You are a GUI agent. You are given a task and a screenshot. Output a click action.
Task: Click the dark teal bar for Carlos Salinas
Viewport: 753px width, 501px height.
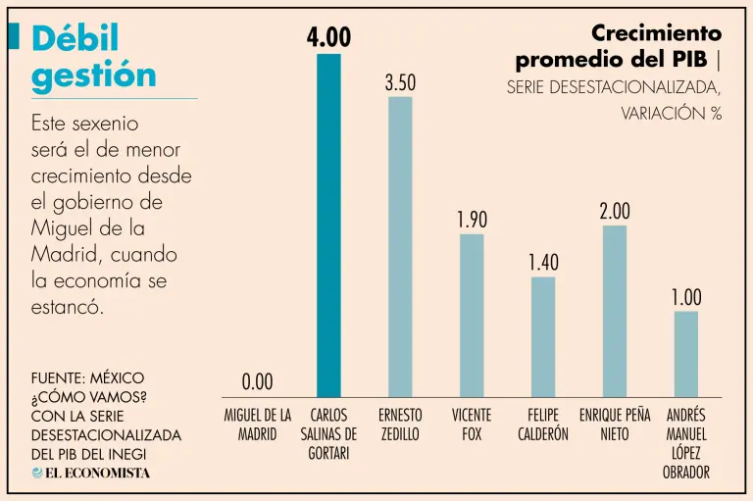tap(328, 225)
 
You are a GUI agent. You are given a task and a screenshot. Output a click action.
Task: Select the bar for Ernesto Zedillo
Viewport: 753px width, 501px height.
tap(400, 246)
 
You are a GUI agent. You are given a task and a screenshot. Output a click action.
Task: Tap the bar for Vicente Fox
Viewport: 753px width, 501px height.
tap(472, 315)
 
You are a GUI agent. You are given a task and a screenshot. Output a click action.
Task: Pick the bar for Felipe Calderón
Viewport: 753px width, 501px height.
tap(543, 336)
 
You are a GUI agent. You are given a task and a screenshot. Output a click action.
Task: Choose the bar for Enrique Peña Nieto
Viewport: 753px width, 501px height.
tap(615, 311)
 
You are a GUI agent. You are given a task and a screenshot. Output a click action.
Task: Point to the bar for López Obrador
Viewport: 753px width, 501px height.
tap(686, 354)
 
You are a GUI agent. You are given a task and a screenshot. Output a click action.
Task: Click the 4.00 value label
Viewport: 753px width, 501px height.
tap(328, 37)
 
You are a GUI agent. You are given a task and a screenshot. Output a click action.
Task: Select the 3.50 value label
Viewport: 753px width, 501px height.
tap(400, 83)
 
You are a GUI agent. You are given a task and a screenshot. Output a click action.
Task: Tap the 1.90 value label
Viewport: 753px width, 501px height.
tap(472, 220)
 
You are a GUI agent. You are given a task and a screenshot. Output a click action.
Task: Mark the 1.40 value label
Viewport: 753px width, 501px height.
tap(543, 263)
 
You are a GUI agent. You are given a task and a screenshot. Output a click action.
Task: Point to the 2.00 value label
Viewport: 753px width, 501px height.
tap(615, 211)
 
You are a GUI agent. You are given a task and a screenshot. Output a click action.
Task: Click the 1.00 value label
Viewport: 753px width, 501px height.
tap(686, 297)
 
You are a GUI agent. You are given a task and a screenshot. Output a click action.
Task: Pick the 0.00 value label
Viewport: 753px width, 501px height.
tap(257, 381)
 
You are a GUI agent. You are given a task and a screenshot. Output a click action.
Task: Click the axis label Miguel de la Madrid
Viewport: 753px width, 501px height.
tap(258, 425)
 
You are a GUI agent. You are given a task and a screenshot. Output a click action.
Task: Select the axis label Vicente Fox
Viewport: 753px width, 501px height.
tap(472, 425)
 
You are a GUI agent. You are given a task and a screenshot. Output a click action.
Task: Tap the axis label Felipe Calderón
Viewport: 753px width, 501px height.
tap(543, 425)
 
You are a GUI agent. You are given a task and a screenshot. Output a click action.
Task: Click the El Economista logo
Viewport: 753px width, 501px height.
tap(91, 473)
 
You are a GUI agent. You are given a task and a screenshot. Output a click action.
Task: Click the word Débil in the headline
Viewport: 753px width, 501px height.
tap(75, 38)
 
